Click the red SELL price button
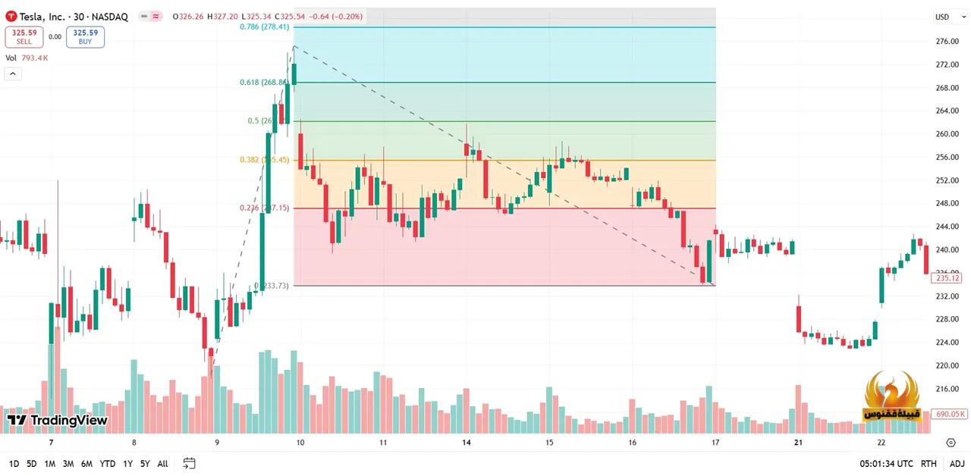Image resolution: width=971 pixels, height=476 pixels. point(24,36)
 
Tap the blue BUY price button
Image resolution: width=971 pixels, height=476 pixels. point(85,36)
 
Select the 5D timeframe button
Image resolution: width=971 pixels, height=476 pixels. point(31,464)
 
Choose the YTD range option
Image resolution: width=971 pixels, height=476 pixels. point(107,464)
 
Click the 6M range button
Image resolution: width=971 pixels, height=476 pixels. point(86,464)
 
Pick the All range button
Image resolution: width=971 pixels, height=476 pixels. point(162,464)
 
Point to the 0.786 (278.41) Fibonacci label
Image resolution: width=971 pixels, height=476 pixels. point(264,27)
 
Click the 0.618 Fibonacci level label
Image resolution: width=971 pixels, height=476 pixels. point(263,82)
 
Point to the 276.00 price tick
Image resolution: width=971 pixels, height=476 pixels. point(947,42)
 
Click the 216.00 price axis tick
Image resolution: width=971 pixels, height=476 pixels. point(947,389)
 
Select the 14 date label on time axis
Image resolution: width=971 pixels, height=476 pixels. point(466,443)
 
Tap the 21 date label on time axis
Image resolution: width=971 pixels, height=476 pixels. point(798,443)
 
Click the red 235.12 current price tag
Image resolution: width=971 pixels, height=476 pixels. point(947,278)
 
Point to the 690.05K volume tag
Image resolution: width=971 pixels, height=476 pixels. point(950,414)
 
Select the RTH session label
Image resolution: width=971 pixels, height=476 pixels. point(928,464)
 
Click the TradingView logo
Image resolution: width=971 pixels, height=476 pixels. point(58,420)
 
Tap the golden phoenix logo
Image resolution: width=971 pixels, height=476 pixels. point(891,396)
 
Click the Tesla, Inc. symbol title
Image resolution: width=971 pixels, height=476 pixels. point(52,17)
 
